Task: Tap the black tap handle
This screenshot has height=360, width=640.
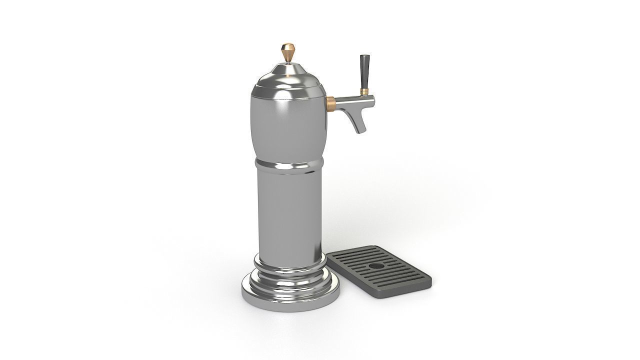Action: (363, 71)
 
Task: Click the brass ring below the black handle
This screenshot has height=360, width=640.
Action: (364, 92)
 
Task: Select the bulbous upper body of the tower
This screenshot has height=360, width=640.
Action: (288, 125)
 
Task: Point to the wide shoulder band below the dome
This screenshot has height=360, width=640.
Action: (288, 90)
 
